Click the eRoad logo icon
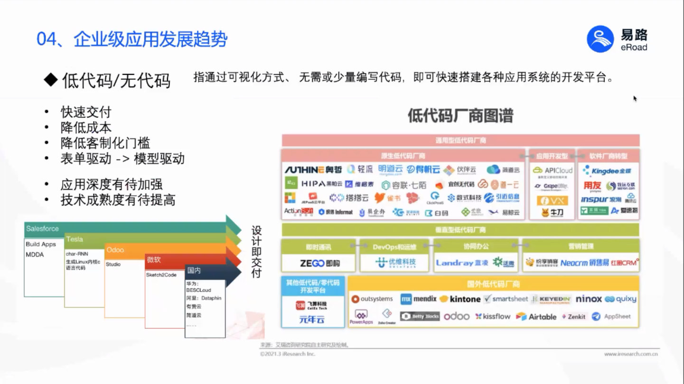600,39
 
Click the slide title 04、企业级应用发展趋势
132,39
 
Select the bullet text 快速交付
86,112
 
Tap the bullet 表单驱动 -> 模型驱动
122,158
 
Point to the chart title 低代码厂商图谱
460,115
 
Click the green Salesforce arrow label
43,229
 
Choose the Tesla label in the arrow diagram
75,239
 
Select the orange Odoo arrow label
115,250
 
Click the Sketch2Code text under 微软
161,275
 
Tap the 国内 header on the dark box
194,270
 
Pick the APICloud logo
553,170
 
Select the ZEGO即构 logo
320,263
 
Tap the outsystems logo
372,299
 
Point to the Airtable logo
536,317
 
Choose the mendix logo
419,299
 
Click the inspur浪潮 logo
601,200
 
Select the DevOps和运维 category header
394,247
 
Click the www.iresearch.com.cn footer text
631,354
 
